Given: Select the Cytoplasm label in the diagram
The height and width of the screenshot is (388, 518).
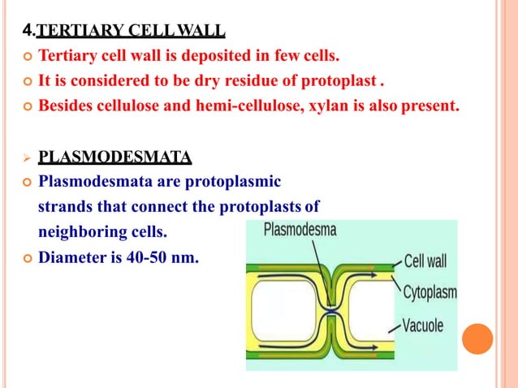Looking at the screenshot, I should pyautogui.click(x=430, y=292).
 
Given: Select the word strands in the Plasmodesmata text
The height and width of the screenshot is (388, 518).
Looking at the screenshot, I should pyautogui.click(x=64, y=206).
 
